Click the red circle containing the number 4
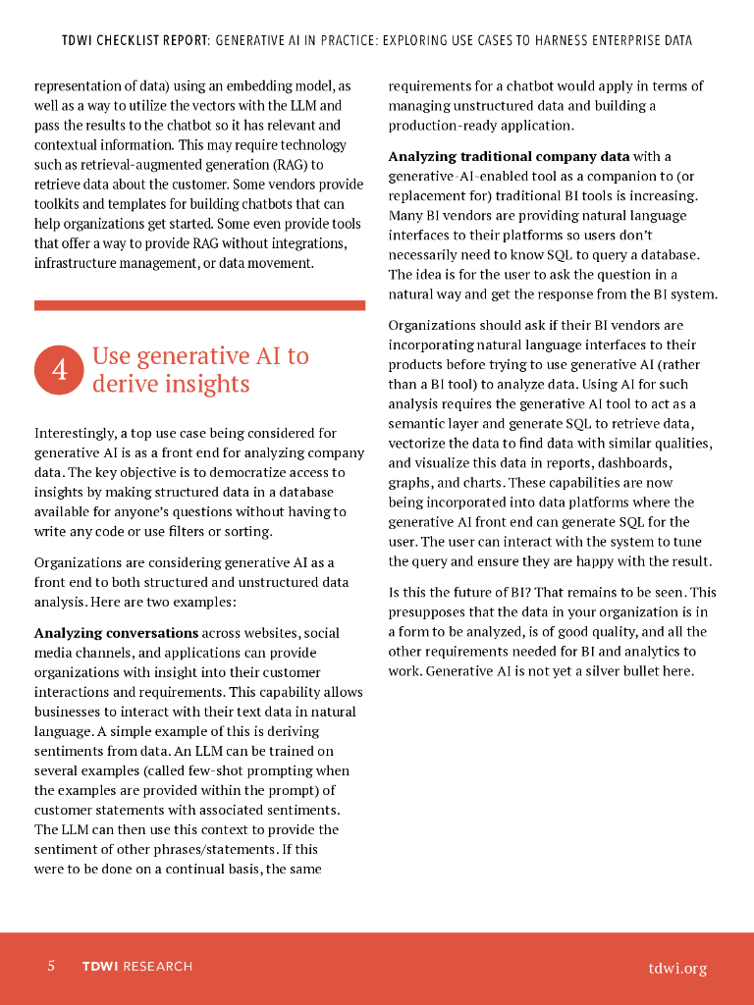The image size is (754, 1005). [59, 370]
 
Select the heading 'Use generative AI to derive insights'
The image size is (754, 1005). [200, 370]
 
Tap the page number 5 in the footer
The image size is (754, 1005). [51, 967]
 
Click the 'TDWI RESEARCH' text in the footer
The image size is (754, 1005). [137, 967]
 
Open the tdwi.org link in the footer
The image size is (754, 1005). [677, 969]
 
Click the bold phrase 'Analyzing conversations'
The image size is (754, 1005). [116, 633]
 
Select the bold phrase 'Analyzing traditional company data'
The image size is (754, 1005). [509, 156]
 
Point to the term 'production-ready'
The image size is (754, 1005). [441, 126]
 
